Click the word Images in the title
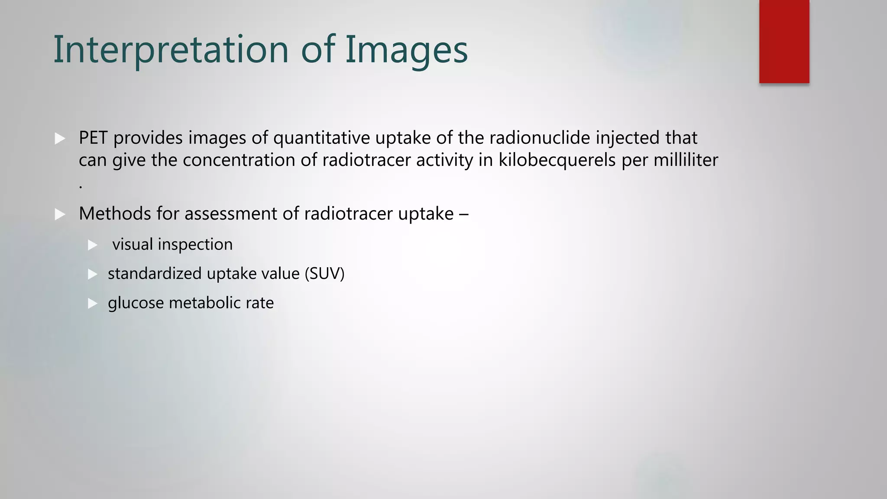[406, 49]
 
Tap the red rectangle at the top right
[784, 42]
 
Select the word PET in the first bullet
[93, 138]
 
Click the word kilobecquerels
[557, 160]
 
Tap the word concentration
[239, 160]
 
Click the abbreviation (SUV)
[324, 274]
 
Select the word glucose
[136, 303]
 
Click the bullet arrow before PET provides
[60, 139]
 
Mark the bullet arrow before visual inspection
[93, 245]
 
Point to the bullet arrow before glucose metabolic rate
[93, 303]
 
